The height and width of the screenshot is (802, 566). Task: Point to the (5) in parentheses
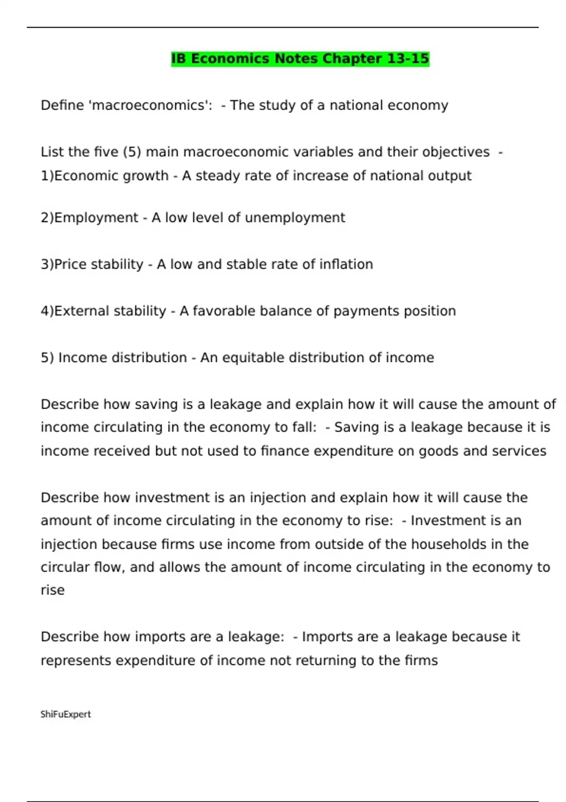coord(132,152)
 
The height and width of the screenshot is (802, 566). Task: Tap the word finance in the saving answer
coord(285,451)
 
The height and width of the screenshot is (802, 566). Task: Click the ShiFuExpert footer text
coord(66,714)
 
